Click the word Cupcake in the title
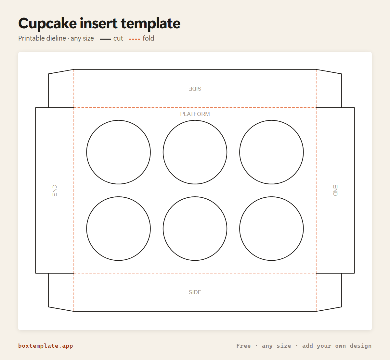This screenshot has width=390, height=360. [x=47, y=24]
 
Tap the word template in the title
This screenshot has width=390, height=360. [x=150, y=24]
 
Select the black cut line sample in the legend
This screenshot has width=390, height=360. [x=105, y=39]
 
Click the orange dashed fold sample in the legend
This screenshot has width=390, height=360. [x=135, y=39]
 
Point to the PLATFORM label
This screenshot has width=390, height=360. [x=195, y=114]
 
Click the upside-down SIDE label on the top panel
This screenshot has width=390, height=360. [x=195, y=89]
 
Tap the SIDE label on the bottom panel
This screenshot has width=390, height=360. [x=195, y=292]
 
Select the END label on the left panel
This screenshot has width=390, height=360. [x=55, y=190]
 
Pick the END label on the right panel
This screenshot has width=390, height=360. [x=335, y=190]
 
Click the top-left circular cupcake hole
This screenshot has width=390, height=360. [x=118, y=120]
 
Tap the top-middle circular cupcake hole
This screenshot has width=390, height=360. [x=195, y=120]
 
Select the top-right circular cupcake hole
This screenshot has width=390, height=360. [x=272, y=120]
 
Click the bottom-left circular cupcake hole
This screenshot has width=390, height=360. [x=118, y=197]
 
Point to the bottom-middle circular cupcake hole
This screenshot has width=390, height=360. [x=195, y=197]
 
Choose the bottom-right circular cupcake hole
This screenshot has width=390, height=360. [x=272, y=197]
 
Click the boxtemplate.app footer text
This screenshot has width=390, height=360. [x=45, y=346]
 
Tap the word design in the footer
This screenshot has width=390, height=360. [x=360, y=346]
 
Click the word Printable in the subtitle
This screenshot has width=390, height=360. [x=42, y=38]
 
